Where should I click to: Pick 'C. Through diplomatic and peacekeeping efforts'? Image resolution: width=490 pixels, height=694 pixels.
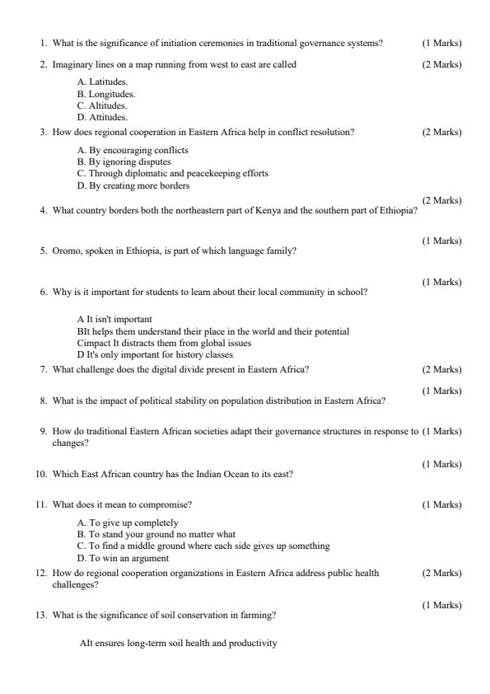[x=172, y=174]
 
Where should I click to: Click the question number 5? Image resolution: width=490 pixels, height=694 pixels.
[x=44, y=251]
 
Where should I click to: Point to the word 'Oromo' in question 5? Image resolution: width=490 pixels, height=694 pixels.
[x=66, y=251]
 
